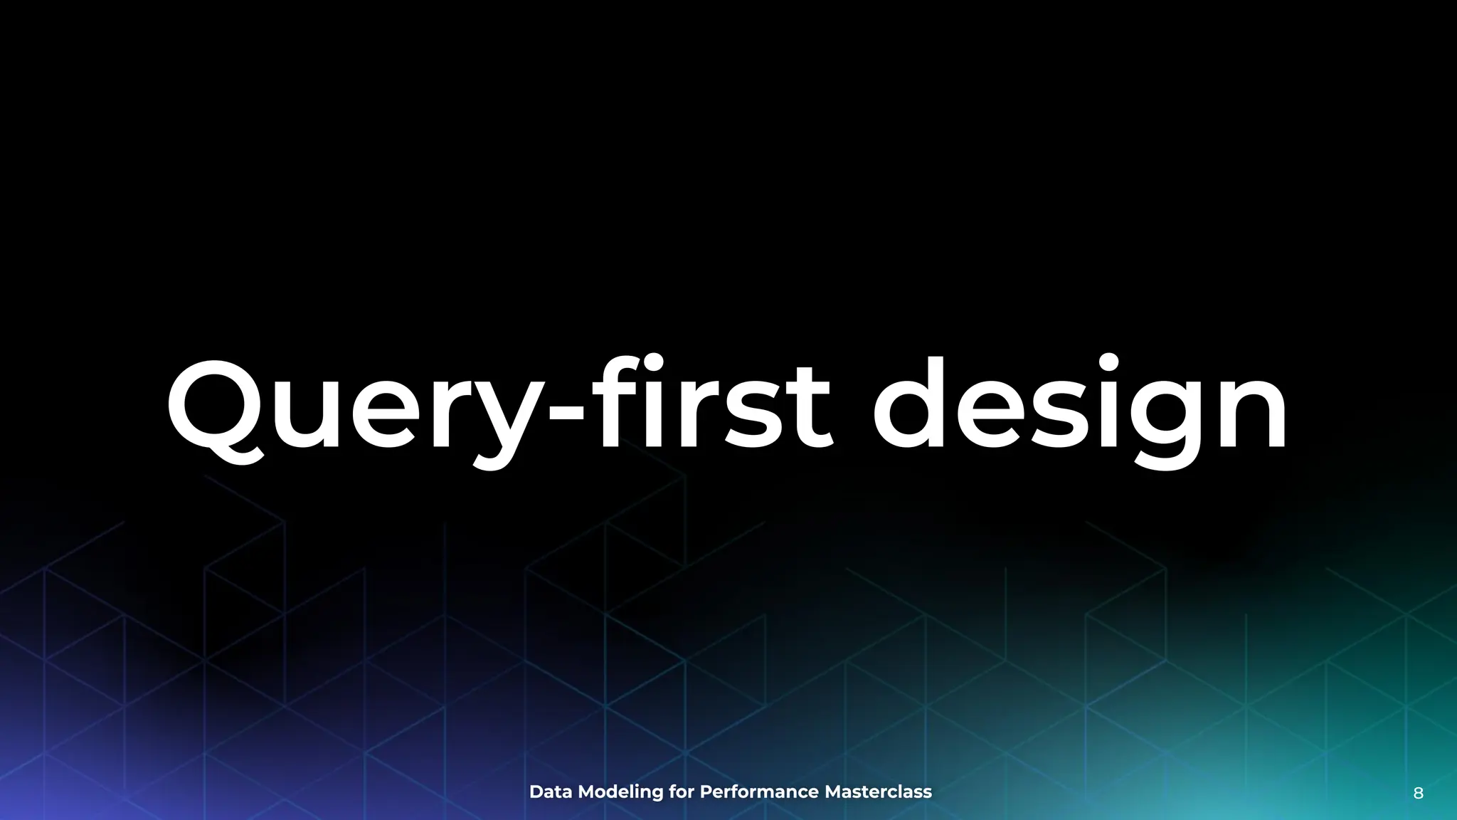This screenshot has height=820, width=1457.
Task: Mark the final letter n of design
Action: click(x=1252, y=413)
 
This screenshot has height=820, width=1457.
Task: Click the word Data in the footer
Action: click(x=551, y=792)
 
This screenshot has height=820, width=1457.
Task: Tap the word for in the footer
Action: click(x=682, y=792)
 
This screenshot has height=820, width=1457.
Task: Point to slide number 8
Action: click(x=1418, y=794)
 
